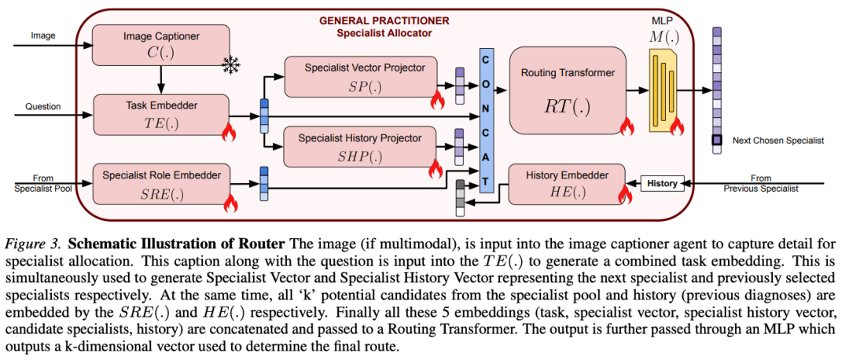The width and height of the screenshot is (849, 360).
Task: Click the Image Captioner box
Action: (161, 46)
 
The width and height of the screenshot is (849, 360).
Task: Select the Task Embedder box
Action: (161, 115)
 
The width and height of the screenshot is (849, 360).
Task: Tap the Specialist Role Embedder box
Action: (161, 183)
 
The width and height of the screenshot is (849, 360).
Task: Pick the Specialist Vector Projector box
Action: (361, 76)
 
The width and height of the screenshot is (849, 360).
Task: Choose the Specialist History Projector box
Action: (361, 146)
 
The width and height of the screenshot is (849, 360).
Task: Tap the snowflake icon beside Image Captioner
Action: (230, 65)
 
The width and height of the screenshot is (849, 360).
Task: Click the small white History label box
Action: (662, 183)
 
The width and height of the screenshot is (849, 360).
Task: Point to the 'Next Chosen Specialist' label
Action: (778, 140)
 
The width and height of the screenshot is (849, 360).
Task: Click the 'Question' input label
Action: (42, 107)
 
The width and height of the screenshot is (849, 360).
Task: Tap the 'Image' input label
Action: (42, 36)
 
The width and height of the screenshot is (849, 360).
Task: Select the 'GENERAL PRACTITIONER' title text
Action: (384, 21)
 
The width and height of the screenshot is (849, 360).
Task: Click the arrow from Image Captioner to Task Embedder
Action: (161, 79)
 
